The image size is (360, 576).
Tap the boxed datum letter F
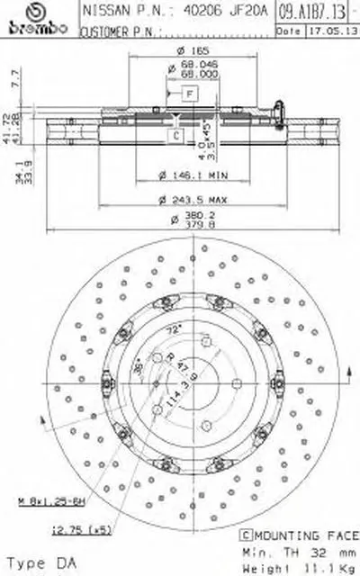(190, 94)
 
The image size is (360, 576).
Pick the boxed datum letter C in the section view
(177, 135)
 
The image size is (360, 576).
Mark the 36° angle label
(138, 366)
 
